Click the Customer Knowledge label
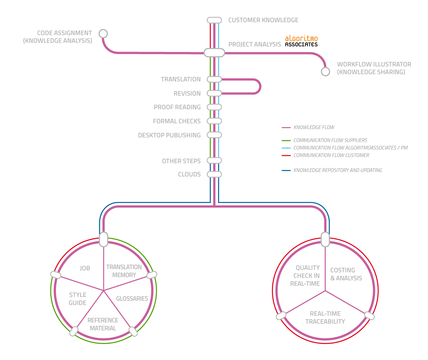tap(263, 20)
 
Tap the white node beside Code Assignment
tap(103, 34)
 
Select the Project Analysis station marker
tap(214, 53)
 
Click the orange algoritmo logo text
tap(301, 38)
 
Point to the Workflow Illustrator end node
tap(325, 72)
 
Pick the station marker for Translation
tap(214, 79)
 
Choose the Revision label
tap(187, 94)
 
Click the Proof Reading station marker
tap(214, 107)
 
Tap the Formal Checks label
tap(177, 121)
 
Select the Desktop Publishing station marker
tap(214, 135)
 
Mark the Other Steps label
tap(181, 161)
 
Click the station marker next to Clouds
tap(214, 174)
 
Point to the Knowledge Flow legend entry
tap(314, 127)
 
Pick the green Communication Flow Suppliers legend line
tap(286, 140)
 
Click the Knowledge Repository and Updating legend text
tap(337, 170)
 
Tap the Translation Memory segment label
tap(124, 271)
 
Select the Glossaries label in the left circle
tap(132, 299)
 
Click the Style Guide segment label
tap(78, 299)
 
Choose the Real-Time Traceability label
tap(325, 318)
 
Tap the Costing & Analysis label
tap(346, 274)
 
